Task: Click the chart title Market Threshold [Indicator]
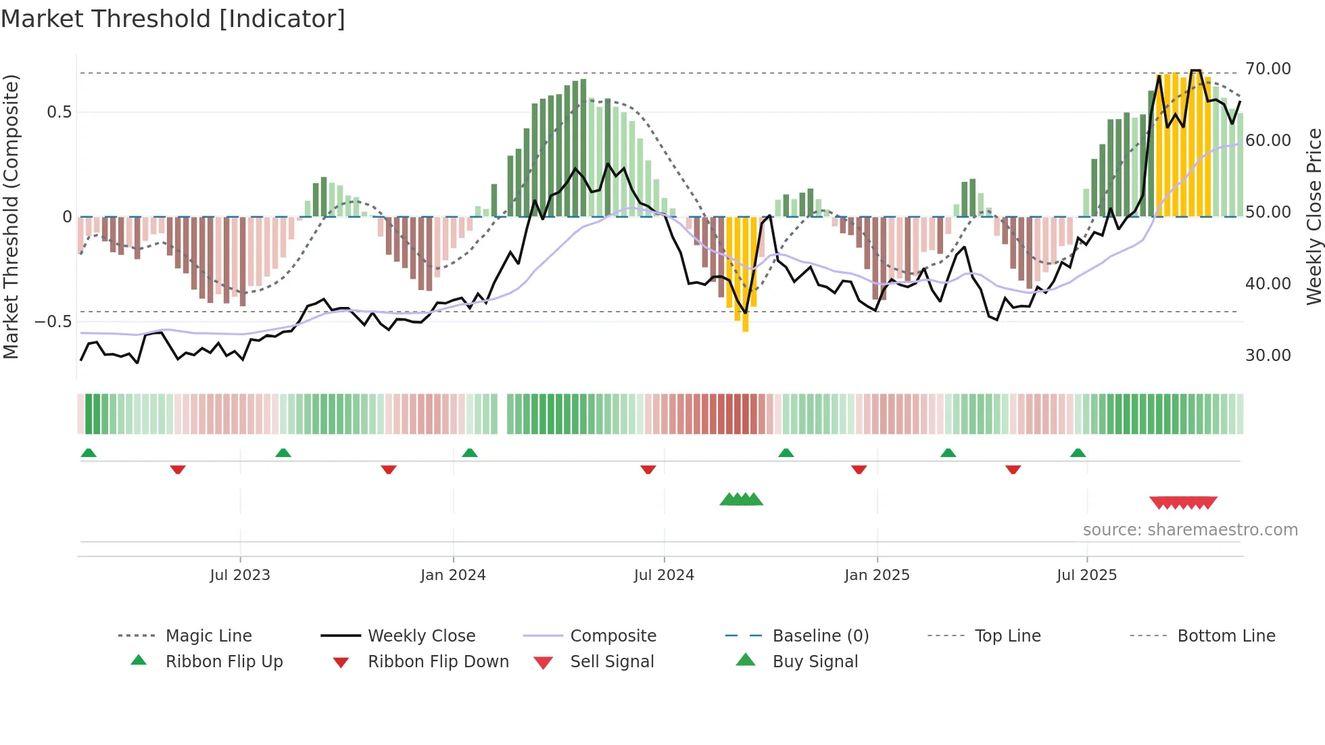pos(173,19)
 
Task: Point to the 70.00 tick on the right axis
pos(1268,69)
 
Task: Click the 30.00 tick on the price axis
pos(1268,356)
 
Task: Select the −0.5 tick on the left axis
pos(53,322)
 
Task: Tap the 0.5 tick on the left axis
pos(59,112)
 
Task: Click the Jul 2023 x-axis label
pos(239,575)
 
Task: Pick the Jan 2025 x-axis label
pos(877,575)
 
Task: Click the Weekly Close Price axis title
pos(1314,216)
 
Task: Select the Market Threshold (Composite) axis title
pos(11,216)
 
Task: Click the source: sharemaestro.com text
pos(1190,530)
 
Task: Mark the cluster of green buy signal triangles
pos(741,500)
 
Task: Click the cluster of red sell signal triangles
pos(1183,502)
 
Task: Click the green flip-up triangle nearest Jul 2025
pos(1078,453)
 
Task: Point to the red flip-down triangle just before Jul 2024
pos(648,469)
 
